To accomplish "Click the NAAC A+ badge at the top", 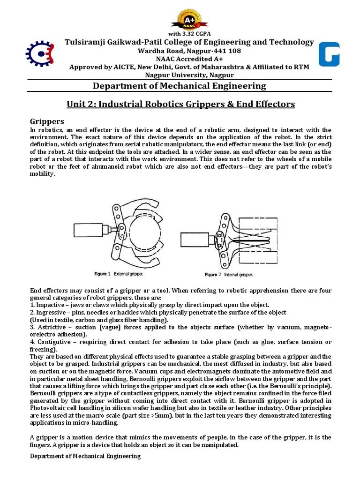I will (x=189, y=19).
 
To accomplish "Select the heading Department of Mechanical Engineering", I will (x=180, y=86).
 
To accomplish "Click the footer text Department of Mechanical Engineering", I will (x=85, y=456).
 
